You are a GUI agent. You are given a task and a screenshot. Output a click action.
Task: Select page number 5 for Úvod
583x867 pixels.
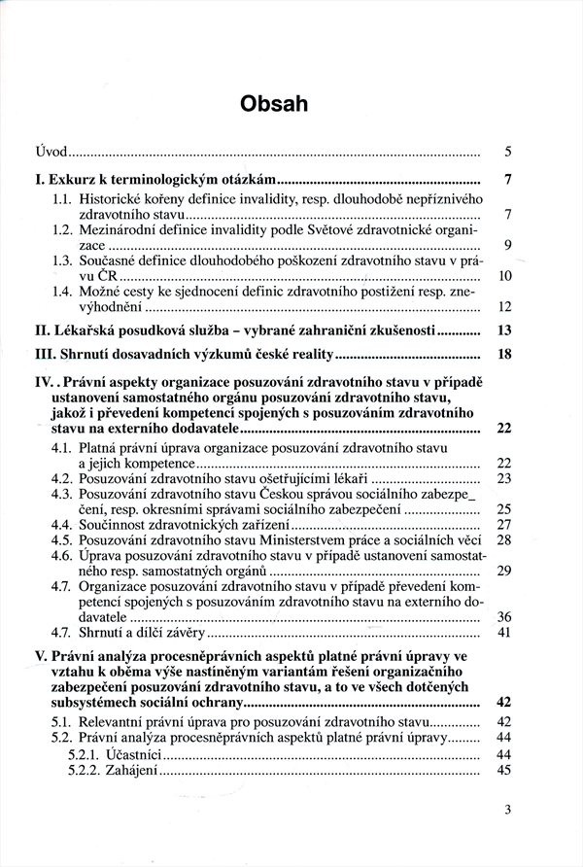[x=508, y=154]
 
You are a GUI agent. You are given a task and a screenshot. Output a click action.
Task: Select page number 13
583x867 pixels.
[x=503, y=330]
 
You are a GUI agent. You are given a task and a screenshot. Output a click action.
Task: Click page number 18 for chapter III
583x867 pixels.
[x=503, y=354]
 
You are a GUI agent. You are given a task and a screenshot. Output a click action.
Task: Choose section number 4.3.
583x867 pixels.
[x=63, y=494]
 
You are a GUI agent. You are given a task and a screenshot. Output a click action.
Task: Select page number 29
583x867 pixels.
[x=504, y=571]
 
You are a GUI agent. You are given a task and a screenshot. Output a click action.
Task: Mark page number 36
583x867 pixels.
[x=504, y=617]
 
